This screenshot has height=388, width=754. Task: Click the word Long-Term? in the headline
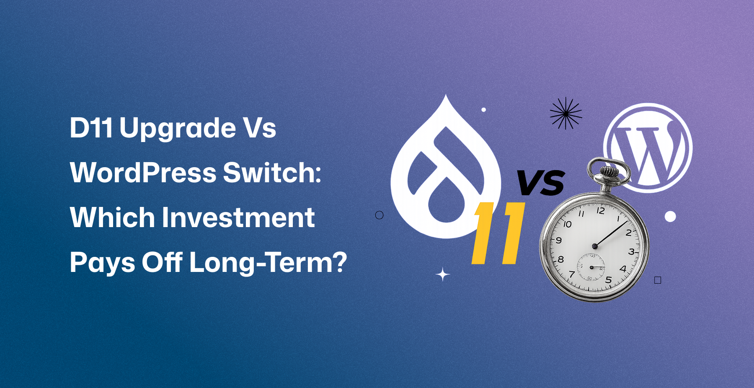(x=268, y=263)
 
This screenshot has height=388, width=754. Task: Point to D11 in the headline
(x=91, y=128)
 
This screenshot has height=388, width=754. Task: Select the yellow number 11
(x=498, y=233)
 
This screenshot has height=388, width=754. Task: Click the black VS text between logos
(x=541, y=183)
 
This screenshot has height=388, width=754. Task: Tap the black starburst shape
(x=566, y=113)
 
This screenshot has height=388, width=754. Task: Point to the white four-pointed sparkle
(x=443, y=275)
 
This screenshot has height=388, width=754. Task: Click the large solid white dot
(x=670, y=216)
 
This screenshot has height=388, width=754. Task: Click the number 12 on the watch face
(x=600, y=210)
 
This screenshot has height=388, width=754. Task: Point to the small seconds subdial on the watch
(x=591, y=267)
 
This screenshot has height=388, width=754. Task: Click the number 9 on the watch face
(x=558, y=241)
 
